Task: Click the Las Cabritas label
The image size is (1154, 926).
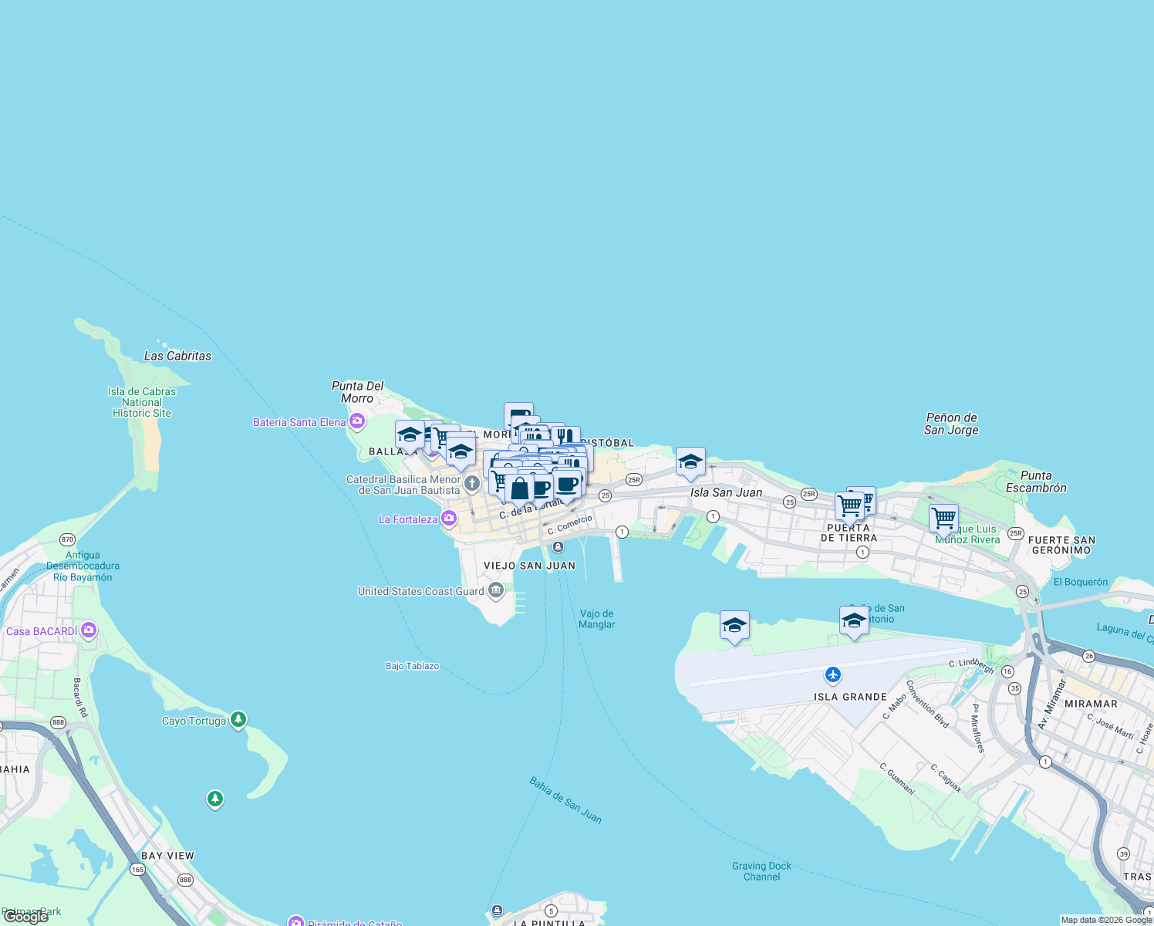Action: click(177, 356)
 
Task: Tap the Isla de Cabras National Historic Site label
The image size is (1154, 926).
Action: click(142, 402)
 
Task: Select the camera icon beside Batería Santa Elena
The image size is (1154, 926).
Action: click(357, 421)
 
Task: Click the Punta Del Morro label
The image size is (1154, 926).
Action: click(357, 392)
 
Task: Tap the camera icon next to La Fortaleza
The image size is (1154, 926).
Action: click(449, 519)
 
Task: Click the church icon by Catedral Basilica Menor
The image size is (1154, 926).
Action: click(472, 484)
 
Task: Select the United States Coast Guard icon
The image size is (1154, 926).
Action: click(496, 591)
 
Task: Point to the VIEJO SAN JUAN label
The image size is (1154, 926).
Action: click(529, 566)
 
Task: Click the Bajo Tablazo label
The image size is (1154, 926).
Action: click(412, 666)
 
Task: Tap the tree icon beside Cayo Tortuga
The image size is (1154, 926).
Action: click(238, 720)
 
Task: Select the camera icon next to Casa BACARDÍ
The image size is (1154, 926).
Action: click(89, 630)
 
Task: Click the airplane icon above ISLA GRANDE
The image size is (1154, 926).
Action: click(832, 675)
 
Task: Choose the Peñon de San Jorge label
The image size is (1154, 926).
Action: click(951, 424)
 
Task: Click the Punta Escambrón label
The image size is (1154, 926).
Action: click(1036, 482)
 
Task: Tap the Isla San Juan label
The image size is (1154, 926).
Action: click(726, 492)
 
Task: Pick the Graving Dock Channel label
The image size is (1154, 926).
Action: click(761, 871)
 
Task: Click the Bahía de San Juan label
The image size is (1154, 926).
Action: click(565, 800)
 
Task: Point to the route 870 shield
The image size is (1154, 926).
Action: click(68, 540)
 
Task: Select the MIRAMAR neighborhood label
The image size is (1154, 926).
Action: click(1091, 704)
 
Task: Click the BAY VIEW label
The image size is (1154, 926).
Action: click(167, 856)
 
